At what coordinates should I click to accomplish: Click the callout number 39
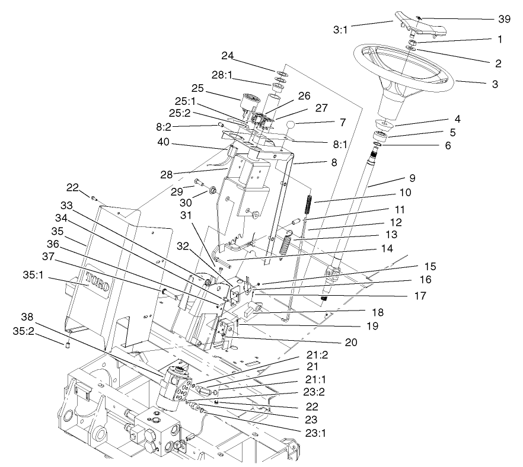(x=504, y=19)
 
